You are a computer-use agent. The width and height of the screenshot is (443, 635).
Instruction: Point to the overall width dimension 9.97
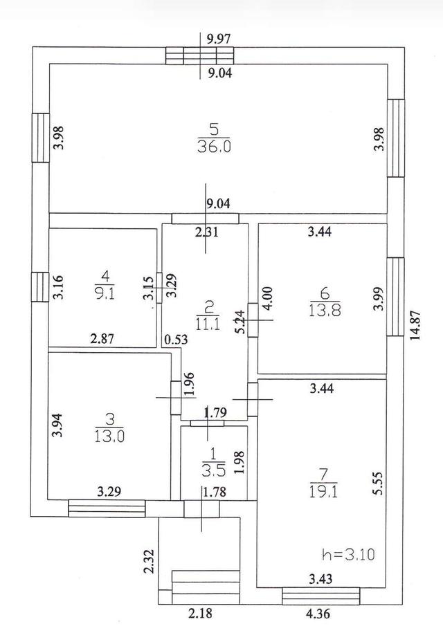coord(219,39)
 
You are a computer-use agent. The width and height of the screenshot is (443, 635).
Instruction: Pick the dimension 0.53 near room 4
coord(171,340)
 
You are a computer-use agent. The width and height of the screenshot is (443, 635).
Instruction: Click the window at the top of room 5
coord(200,56)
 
